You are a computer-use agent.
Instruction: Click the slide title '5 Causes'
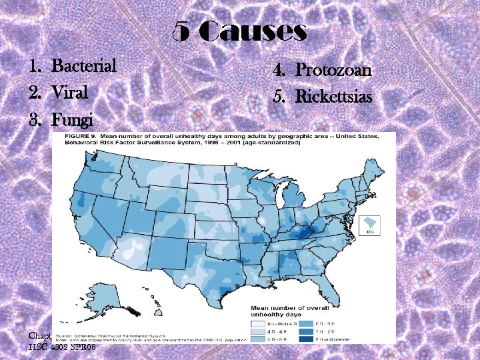pyautogui.click(x=240, y=31)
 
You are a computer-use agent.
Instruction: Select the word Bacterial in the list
pyautogui.click(x=84, y=66)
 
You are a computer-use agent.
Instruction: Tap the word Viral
pyautogui.click(x=69, y=93)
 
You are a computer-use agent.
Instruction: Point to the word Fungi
pyautogui.click(x=72, y=120)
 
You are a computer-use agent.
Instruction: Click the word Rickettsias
pyautogui.click(x=333, y=96)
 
